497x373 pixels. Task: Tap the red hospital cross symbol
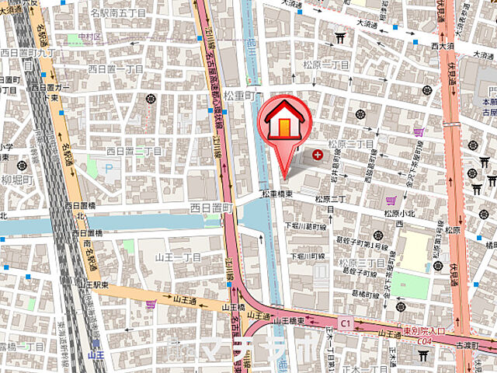coord(317,156)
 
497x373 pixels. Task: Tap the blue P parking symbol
coord(109,167)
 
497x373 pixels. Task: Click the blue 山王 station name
coord(96,354)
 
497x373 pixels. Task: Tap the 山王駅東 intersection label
coord(94,287)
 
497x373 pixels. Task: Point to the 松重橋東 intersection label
coord(276,193)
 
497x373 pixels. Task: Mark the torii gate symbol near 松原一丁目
coord(339,37)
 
